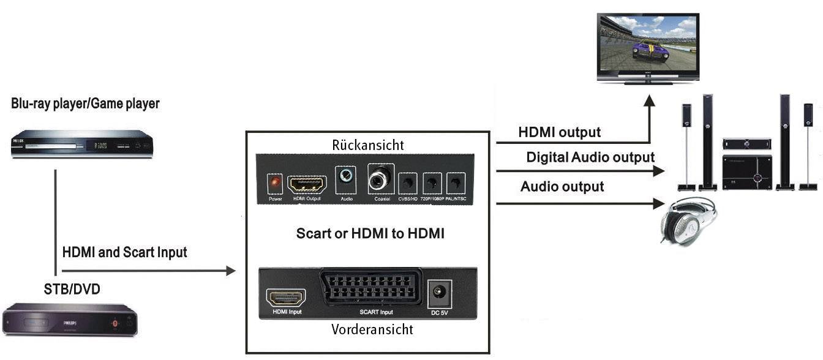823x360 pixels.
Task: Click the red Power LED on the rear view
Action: (274, 183)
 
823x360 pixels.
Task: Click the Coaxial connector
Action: (378, 178)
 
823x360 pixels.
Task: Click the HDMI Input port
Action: (285, 298)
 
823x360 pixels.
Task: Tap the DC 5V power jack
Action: (439, 292)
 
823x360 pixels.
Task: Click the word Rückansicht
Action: (367, 145)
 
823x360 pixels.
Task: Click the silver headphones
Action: (688, 221)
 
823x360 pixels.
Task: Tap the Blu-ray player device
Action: (81, 144)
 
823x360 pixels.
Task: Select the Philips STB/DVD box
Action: (70, 319)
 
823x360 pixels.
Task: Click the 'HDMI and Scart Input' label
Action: (124, 252)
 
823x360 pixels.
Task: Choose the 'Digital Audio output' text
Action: (590, 157)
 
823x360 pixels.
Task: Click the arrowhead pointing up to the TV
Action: (648, 100)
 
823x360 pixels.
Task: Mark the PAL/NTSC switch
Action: (454, 182)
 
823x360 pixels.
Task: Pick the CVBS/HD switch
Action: (407, 182)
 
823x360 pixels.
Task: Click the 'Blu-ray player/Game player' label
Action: (85, 103)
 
